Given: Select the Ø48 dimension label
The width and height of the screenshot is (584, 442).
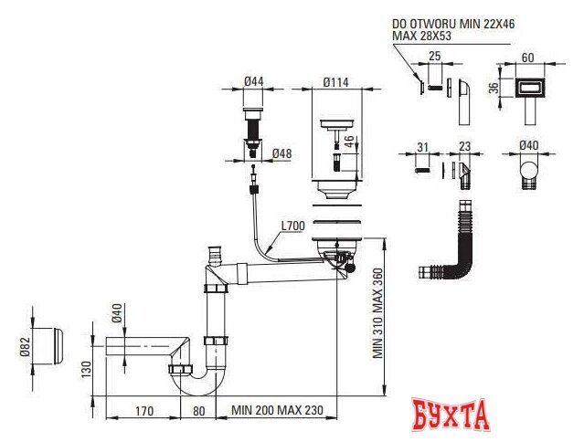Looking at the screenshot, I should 281,153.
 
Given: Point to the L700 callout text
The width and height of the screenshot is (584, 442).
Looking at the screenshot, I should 292,226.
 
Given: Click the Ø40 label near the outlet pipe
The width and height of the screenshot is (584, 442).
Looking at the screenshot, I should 116,315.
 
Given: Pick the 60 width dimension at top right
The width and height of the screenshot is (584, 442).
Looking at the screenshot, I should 527,56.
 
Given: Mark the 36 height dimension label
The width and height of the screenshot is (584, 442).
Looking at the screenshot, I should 494,89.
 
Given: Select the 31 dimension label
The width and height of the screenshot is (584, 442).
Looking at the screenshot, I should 421,146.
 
